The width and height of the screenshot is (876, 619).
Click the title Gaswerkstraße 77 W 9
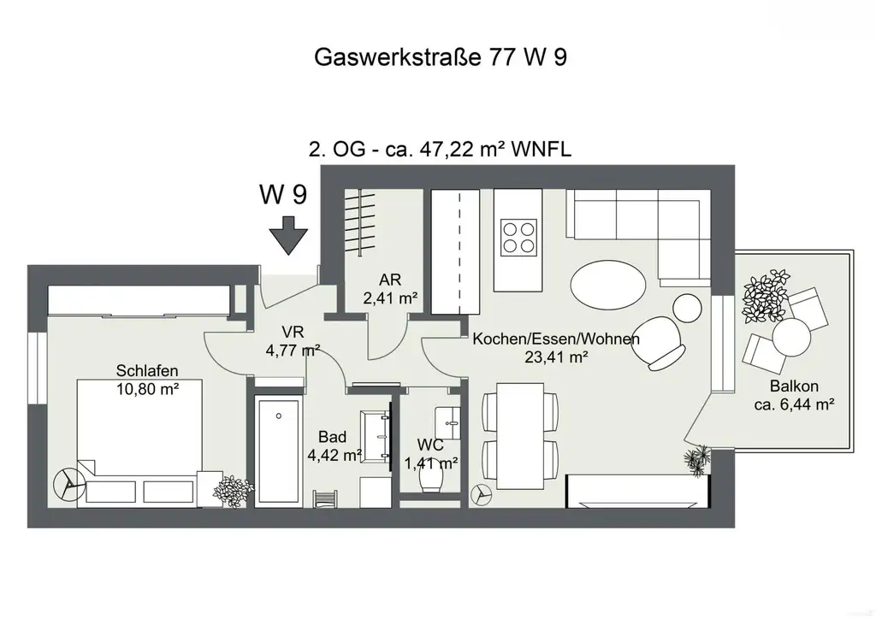point(441,57)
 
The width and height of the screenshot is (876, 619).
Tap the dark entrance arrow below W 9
point(289,235)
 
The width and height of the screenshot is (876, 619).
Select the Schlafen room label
point(147,371)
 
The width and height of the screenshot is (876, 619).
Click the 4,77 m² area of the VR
point(293,350)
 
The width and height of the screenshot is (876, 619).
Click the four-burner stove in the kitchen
point(519,237)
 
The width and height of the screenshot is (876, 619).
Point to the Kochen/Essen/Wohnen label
point(556,339)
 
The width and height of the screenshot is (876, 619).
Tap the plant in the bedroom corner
point(233,490)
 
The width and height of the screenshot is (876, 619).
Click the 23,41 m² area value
point(556,358)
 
